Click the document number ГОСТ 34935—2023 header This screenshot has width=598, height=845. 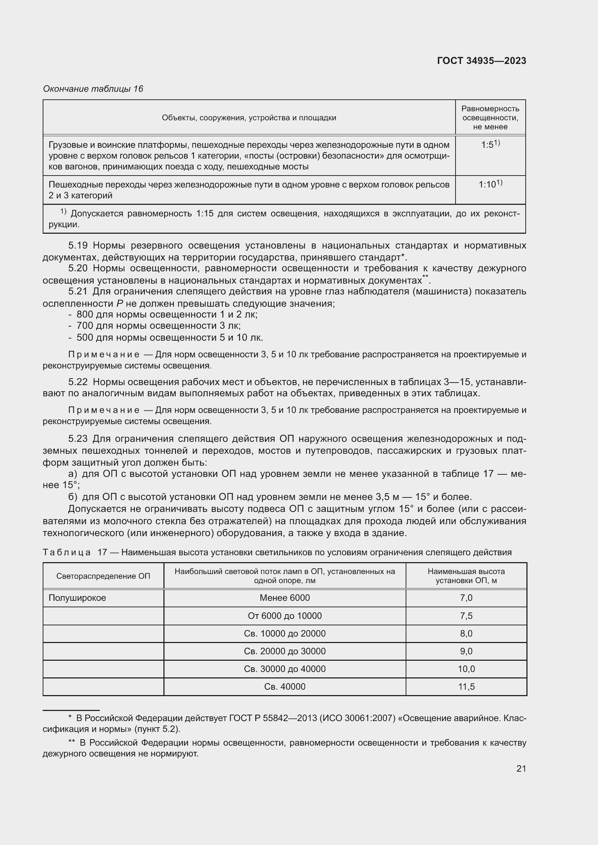click(481, 61)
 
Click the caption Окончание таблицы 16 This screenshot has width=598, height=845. click(93, 89)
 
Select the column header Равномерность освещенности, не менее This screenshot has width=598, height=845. click(490, 117)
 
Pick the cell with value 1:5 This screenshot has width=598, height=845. click(490, 145)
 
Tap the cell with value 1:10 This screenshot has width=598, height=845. click(490, 184)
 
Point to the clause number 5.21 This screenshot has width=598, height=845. click(78, 292)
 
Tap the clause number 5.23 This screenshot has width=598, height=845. click(78, 439)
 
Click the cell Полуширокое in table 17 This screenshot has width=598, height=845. click(77, 598)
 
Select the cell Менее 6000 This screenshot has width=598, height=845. click(285, 598)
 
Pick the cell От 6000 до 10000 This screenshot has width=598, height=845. click(285, 616)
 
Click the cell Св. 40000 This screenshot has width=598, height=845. click(285, 686)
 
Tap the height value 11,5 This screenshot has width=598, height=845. click(466, 686)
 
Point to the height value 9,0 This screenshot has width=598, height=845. click(466, 651)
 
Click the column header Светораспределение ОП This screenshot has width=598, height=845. click(103, 576)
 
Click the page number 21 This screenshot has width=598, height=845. click(521, 768)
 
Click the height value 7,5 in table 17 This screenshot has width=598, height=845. click(466, 616)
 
